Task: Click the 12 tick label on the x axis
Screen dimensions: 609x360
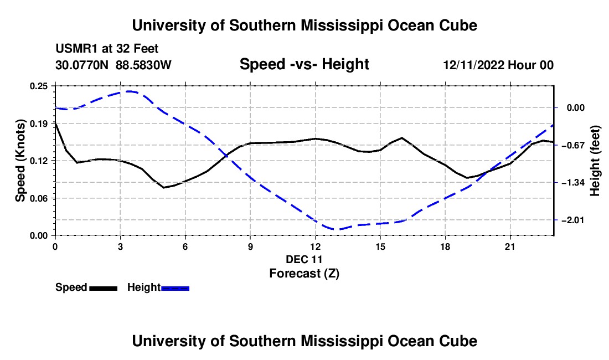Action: click(x=316, y=246)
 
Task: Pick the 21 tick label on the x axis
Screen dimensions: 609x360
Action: click(x=510, y=246)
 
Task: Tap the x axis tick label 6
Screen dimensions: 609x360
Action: click(x=185, y=246)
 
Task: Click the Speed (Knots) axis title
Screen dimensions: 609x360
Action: click(x=20, y=161)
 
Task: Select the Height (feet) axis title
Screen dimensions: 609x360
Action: click(x=595, y=161)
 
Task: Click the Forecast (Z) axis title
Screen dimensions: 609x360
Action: click(x=304, y=274)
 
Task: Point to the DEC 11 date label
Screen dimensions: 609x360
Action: click(x=304, y=259)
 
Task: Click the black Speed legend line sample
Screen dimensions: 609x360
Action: click(x=104, y=289)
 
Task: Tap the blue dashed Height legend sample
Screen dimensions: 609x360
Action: click(x=175, y=289)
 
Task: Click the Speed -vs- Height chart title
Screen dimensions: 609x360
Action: click(x=304, y=64)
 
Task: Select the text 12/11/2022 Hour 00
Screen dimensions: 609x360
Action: click(x=498, y=65)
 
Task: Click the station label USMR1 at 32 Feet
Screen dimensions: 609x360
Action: click(x=107, y=49)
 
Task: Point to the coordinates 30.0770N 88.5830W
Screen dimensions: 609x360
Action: click(x=113, y=65)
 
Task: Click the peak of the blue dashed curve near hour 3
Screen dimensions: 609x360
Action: click(x=130, y=91)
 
